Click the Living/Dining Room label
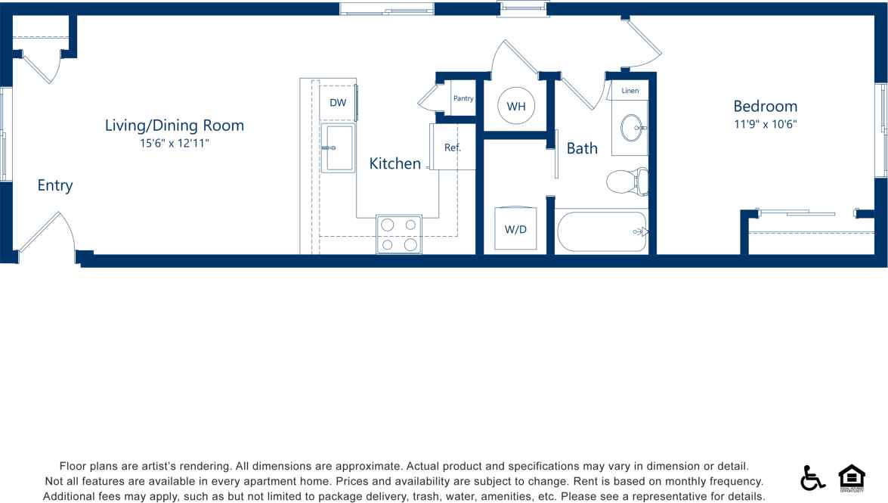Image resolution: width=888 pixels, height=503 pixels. (175, 126)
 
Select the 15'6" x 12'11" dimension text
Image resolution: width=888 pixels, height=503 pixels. (175, 142)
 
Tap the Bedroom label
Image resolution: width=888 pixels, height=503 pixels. (765, 106)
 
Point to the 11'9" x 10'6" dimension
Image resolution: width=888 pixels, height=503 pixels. (765, 123)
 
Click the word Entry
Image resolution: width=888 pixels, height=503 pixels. (55, 185)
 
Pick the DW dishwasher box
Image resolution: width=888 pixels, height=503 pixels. (338, 102)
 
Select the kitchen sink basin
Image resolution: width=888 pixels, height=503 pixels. (338, 148)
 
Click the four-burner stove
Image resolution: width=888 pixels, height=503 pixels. (399, 234)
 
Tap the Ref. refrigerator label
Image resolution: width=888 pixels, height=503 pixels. (453, 147)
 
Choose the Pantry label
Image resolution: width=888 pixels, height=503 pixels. (463, 98)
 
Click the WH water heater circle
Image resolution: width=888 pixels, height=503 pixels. (516, 107)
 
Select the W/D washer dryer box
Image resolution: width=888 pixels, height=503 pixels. (515, 228)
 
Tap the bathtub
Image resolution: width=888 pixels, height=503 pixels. (601, 231)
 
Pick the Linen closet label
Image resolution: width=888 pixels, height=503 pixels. (630, 91)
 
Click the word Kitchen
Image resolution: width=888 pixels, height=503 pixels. (394, 163)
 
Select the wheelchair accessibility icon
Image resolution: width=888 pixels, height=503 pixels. (812, 478)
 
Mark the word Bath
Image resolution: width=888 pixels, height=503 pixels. (582, 148)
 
